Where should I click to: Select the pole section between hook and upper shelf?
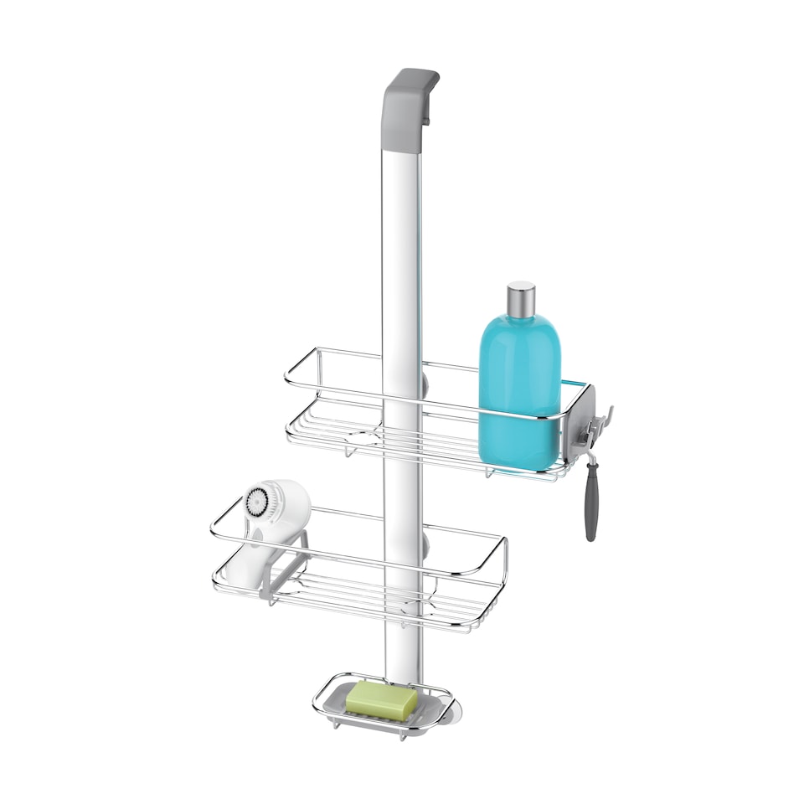click(x=402, y=251)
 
